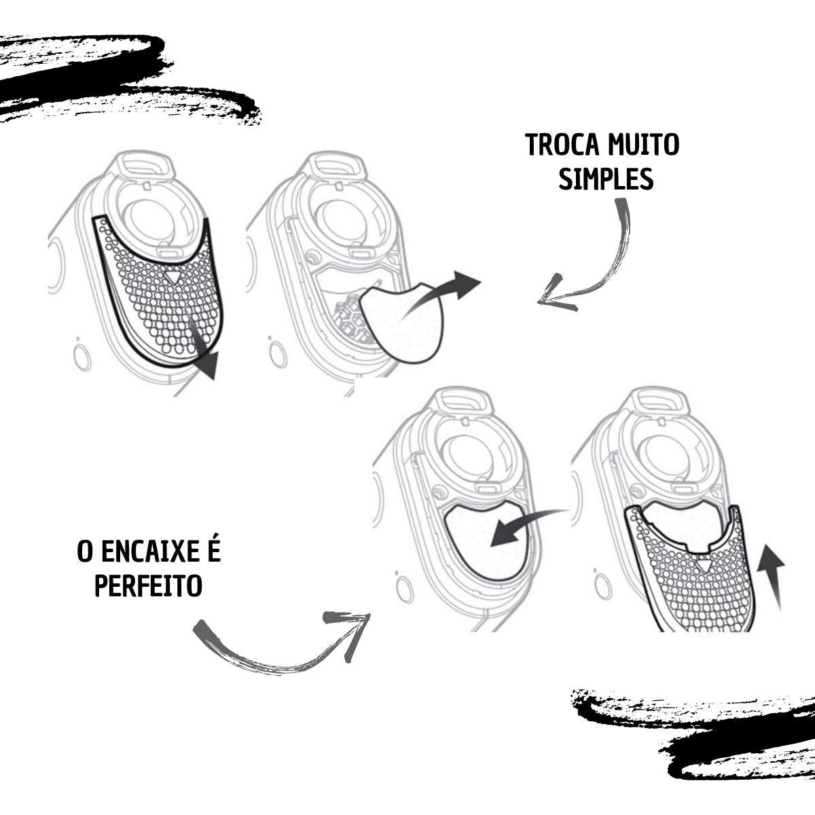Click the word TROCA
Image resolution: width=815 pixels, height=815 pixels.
[557, 145]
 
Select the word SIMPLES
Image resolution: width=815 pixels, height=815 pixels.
[606, 179]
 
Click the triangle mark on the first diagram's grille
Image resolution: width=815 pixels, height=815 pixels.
[172, 276]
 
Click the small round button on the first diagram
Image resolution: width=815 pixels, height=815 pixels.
[82, 359]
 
